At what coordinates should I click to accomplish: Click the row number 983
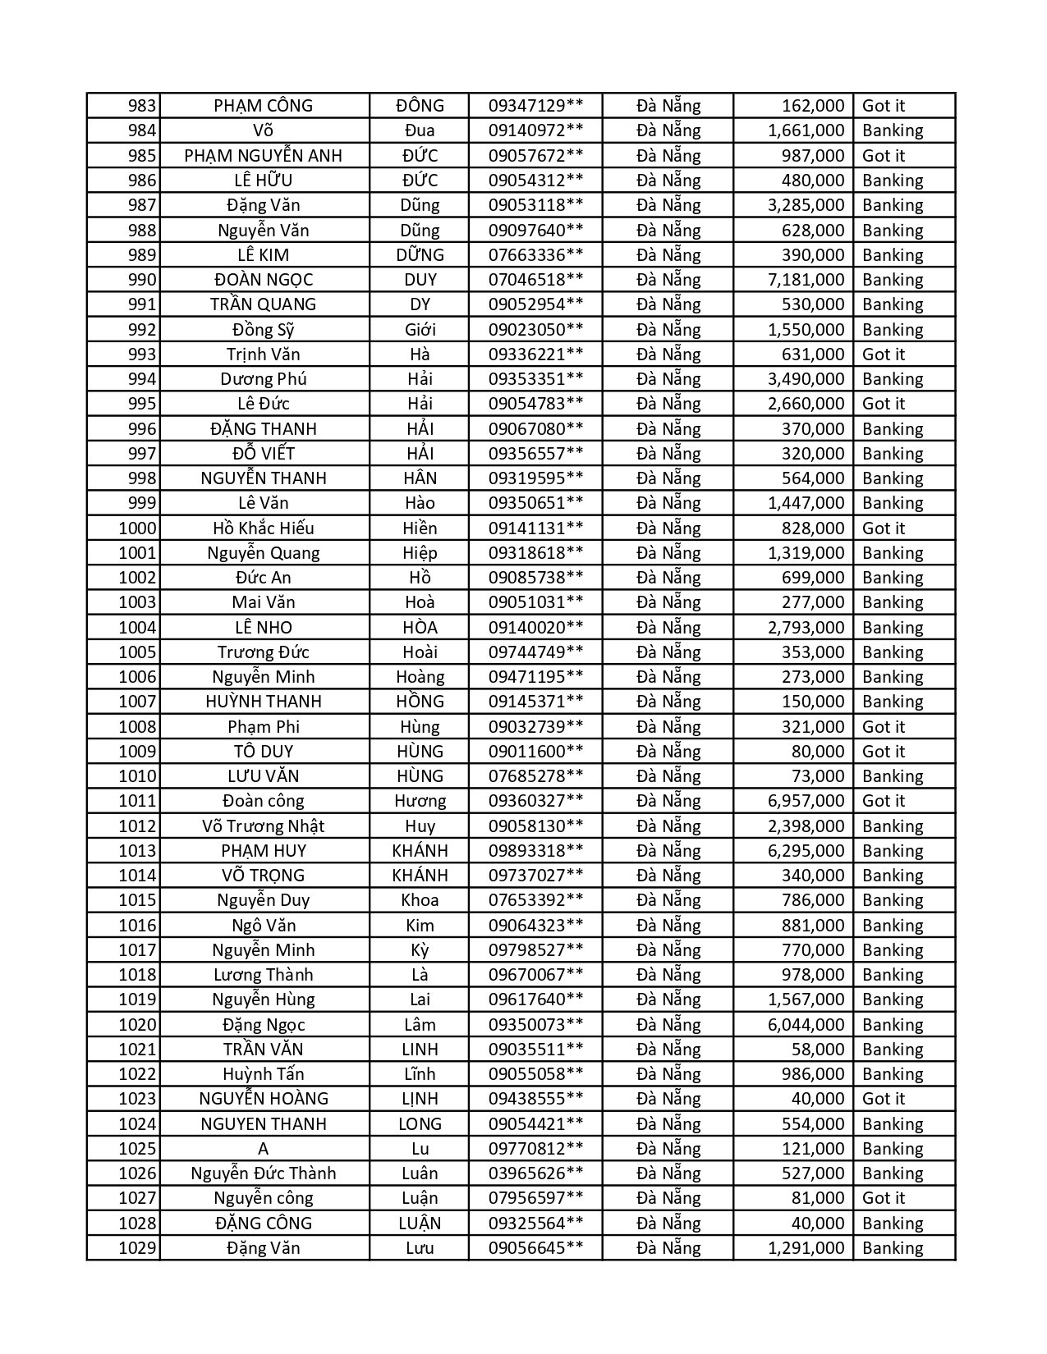pyautogui.click(x=141, y=106)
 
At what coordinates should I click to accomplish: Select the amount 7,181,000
pyautogui.click(x=806, y=280)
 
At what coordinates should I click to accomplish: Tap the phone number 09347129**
pyautogui.click(x=535, y=106)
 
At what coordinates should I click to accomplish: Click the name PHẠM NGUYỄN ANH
pyautogui.click(x=263, y=156)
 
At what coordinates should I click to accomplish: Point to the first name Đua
pyautogui.click(x=420, y=130)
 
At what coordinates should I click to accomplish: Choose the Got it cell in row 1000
pyautogui.click(x=883, y=528)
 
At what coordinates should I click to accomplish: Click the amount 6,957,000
pyautogui.click(x=806, y=801)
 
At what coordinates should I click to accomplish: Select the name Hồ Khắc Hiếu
pyautogui.click(x=263, y=528)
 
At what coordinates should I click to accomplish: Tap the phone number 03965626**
pyautogui.click(x=535, y=1173)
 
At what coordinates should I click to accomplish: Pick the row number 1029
pyautogui.click(x=137, y=1248)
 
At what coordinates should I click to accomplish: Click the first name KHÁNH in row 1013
pyautogui.click(x=420, y=851)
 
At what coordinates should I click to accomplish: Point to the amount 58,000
pyautogui.click(x=818, y=1050)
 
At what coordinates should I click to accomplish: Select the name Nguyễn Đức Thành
pyautogui.click(x=263, y=1173)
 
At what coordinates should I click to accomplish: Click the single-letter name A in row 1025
pyautogui.click(x=263, y=1149)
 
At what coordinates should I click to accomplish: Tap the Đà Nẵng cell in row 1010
pyautogui.click(x=668, y=776)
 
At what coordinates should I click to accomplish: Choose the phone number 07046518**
pyautogui.click(x=535, y=280)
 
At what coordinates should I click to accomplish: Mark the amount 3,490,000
pyautogui.click(x=806, y=379)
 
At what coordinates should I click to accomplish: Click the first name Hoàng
pyautogui.click(x=420, y=677)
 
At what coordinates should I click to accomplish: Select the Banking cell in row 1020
pyautogui.click(x=893, y=1025)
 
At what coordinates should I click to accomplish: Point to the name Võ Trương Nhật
pyautogui.click(x=263, y=826)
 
